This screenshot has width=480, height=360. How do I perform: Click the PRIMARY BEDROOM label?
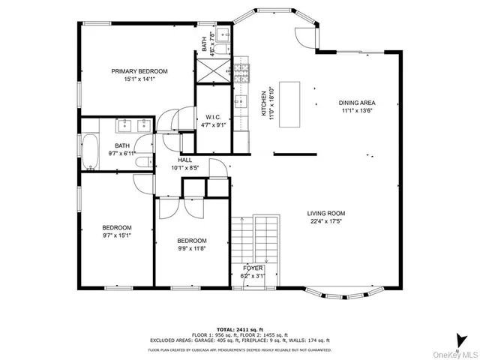coord(139,71)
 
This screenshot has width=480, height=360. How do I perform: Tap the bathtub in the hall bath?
coord(90,151)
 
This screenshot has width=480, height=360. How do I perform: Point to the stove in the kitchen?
coord(242,72)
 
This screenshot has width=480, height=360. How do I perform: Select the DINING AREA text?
coord(356,103)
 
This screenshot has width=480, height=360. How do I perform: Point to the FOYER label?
coord(253,268)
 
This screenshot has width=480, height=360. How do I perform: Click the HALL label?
coord(185,160)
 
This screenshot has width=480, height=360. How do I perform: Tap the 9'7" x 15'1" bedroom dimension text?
coord(117,235)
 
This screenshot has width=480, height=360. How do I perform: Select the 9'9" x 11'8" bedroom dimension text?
coord(191,249)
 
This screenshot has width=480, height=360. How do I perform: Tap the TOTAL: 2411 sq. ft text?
coord(239,329)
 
